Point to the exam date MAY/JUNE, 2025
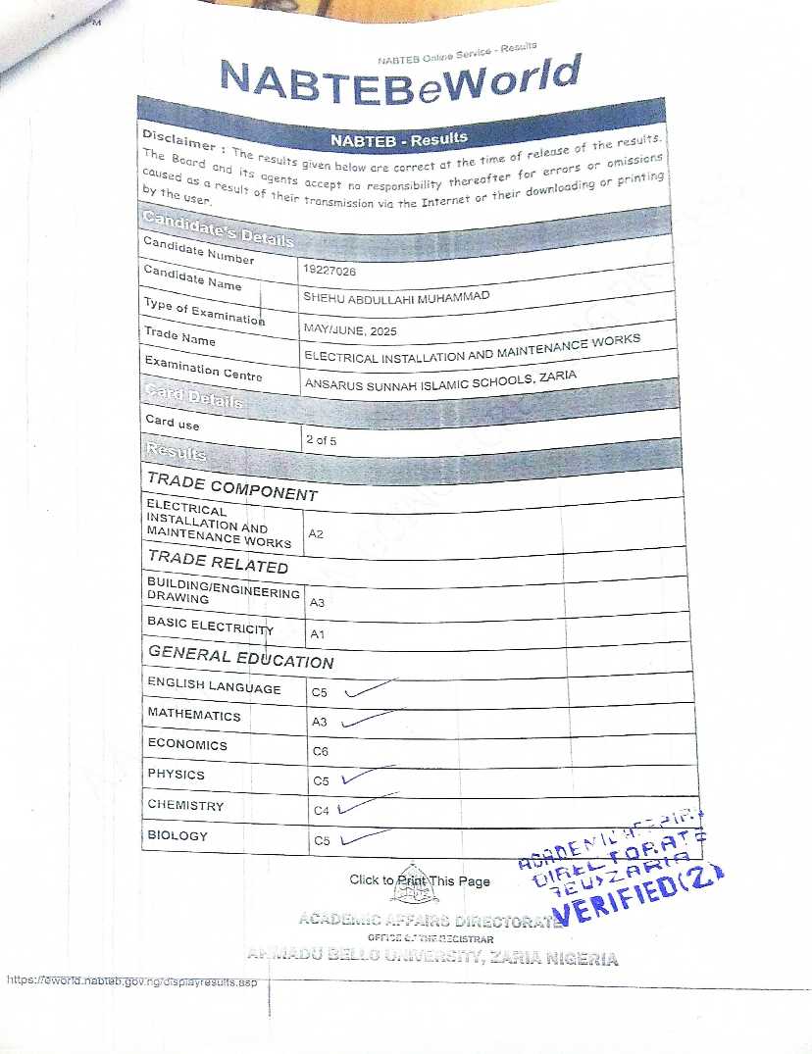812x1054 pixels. [350, 331]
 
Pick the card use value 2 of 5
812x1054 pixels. [321, 440]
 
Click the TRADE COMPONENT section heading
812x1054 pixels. [231, 485]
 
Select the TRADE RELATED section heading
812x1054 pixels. [218, 562]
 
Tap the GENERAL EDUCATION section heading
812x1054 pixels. [240, 657]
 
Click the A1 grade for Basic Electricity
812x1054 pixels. [317, 635]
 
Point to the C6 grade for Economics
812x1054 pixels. [320, 751]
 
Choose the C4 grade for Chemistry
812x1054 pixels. [321, 811]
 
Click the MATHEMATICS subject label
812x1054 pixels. [193, 715]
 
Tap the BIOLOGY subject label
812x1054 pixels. [178, 835]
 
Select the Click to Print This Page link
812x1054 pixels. [420, 880]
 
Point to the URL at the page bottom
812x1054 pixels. [131, 980]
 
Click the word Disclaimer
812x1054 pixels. [178, 140]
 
